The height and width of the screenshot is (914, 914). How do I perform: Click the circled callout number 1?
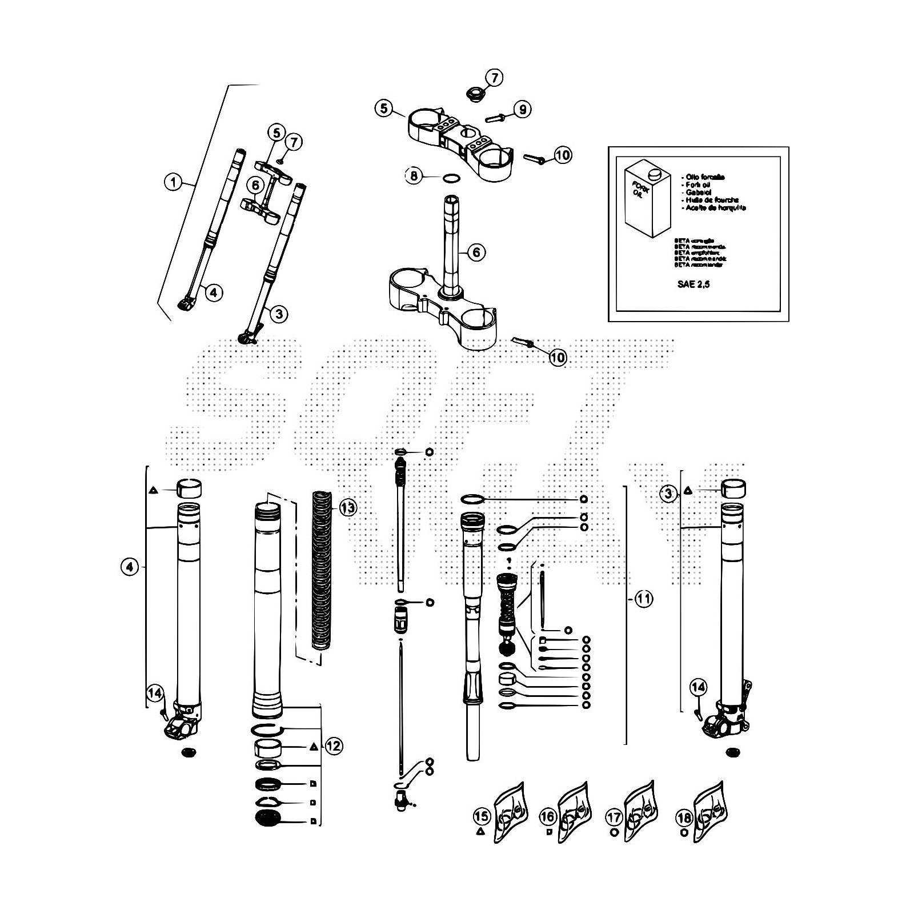click(172, 183)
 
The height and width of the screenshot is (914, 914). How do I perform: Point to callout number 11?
click(644, 599)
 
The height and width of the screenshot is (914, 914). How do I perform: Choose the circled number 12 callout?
click(334, 745)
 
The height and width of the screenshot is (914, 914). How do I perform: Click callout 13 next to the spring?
click(347, 507)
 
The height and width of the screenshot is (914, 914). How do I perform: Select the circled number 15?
click(482, 816)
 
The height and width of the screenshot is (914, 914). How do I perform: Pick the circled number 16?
click(547, 817)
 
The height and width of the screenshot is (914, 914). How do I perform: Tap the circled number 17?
click(615, 817)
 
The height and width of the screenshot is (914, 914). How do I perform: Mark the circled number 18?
click(684, 817)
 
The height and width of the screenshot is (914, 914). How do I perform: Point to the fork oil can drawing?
click(643, 198)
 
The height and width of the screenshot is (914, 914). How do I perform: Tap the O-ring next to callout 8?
click(451, 178)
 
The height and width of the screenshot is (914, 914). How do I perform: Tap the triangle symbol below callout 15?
click(480, 832)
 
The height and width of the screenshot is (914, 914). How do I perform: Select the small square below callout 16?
click(547, 832)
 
